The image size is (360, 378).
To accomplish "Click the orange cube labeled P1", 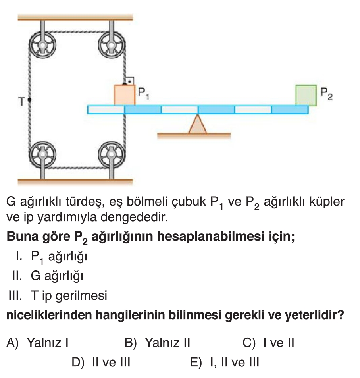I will pyautogui.click(x=125, y=95).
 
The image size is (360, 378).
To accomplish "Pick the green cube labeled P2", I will pyautogui.click(x=306, y=95).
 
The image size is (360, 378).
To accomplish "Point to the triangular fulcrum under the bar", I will pyautogui.click(x=197, y=125).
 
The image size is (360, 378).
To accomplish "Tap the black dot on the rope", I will pyautogui.click(x=30, y=101).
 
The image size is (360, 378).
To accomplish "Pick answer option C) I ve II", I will pyautogui.click(x=268, y=343).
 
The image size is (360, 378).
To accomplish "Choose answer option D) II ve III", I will pyautogui.click(x=101, y=362).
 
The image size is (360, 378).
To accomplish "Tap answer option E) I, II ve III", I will pyautogui.click(x=225, y=362).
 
